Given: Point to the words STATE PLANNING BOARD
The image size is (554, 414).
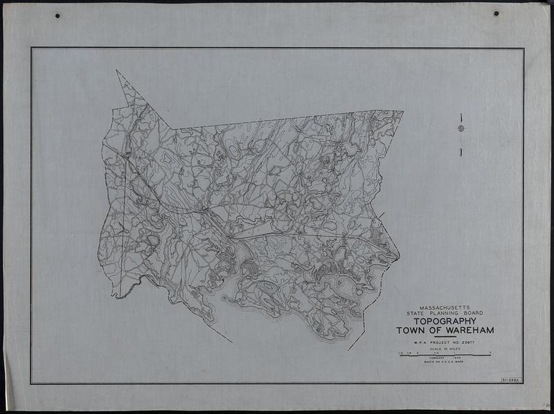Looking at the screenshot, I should pyautogui.click(x=443, y=313).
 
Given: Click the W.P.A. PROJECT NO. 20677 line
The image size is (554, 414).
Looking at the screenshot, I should pyautogui.click(x=443, y=342).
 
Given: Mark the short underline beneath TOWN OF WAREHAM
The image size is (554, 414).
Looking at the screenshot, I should pyautogui.click(x=443, y=337).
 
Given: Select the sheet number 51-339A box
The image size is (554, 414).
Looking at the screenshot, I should pyautogui.click(x=510, y=380).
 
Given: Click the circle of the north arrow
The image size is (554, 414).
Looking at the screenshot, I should pyautogui.click(x=461, y=128).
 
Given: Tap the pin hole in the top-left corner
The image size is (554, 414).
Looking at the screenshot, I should pyautogui.click(x=57, y=15).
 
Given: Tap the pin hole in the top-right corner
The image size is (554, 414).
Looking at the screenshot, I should pyautogui.click(x=496, y=13).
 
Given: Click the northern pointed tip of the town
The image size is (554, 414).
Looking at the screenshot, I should pyautogui.click(x=117, y=71).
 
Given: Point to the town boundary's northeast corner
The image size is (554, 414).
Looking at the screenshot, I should pyautogui.click(x=402, y=111).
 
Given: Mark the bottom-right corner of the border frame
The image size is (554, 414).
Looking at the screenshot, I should pyautogui.click(x=523, y=383).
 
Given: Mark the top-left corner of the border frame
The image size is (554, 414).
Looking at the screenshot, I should pyautogui.click(x=31, y=48).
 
